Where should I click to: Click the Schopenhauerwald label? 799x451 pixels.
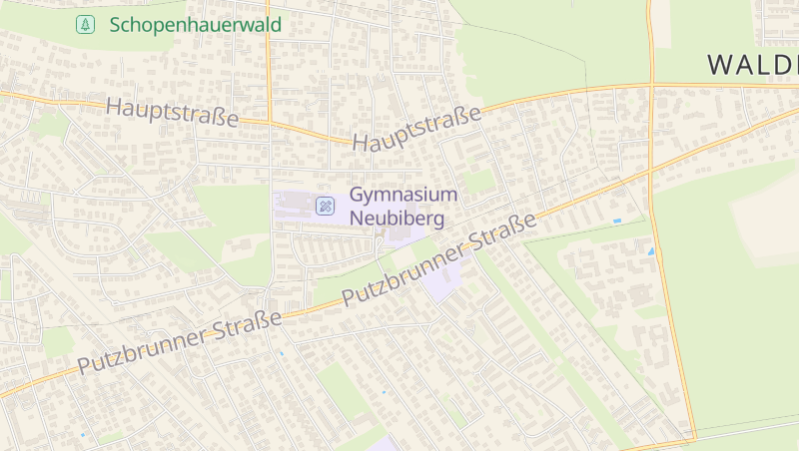(196, 25)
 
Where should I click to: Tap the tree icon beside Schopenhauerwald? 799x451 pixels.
(86, 25)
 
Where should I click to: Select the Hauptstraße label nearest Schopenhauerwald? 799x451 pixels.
(172, 112)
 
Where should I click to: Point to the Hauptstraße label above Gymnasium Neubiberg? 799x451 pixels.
(416, 129)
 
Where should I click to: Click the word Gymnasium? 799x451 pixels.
(402, 196)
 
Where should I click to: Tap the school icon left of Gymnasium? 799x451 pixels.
(325, 207)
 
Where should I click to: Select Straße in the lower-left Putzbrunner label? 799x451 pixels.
(247, 324)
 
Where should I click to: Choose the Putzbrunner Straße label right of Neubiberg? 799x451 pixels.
(439, 260)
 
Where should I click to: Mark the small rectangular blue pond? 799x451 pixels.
(616, 221)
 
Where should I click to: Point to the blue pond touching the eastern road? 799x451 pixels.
(652, 250)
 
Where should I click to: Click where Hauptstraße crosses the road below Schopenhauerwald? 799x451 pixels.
(269, 124)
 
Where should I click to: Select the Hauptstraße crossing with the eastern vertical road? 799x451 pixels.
(651, 86)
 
